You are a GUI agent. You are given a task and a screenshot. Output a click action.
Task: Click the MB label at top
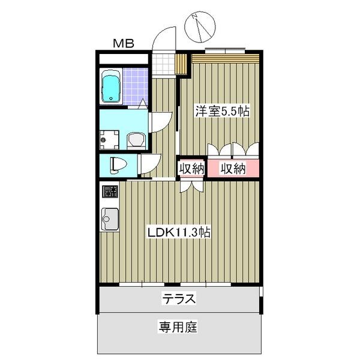tap(124, 43)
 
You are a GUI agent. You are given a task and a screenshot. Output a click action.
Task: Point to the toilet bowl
tap(117, 164)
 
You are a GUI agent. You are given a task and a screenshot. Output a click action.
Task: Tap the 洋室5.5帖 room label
tap(221, 111)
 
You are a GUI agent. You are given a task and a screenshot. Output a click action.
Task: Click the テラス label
tap(179, 298)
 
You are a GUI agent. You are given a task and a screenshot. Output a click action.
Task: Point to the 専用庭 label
tap(178, 328)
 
